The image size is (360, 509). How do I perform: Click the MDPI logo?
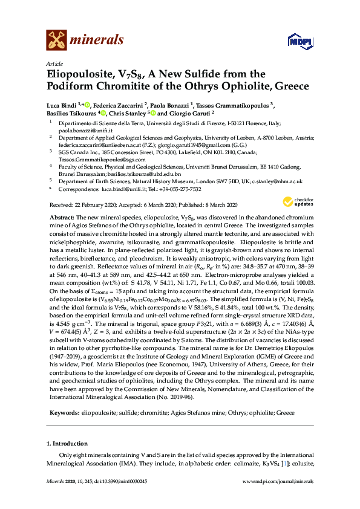click(293, 42)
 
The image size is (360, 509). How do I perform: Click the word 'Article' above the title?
click(53, 63)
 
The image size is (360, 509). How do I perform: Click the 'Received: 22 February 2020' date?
click(79, 205)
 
